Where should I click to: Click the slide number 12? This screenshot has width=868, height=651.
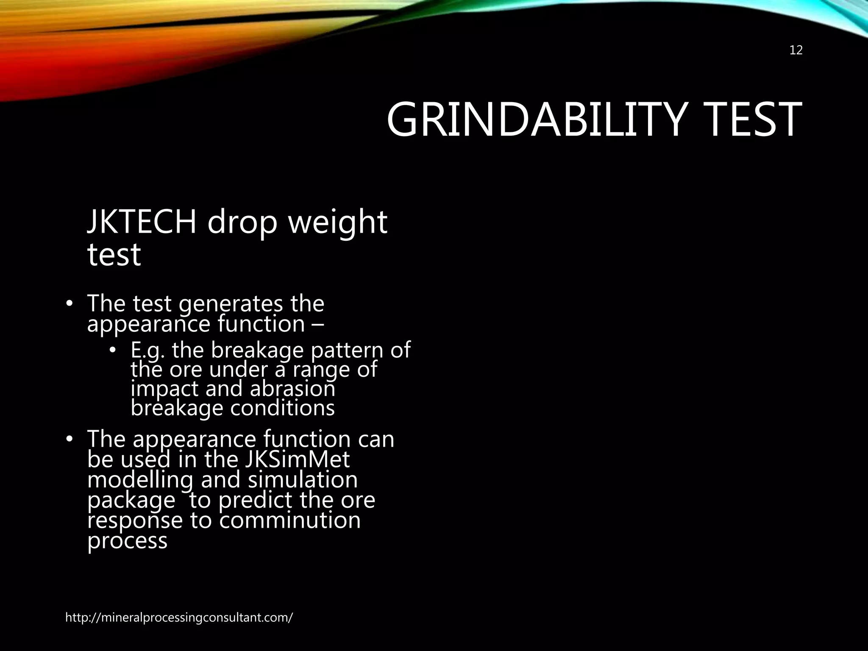(796, 50)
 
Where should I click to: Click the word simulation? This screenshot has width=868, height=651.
(303, 480)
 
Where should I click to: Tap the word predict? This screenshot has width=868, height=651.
(256, 501)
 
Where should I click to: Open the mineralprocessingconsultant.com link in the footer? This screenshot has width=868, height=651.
(178, 618)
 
